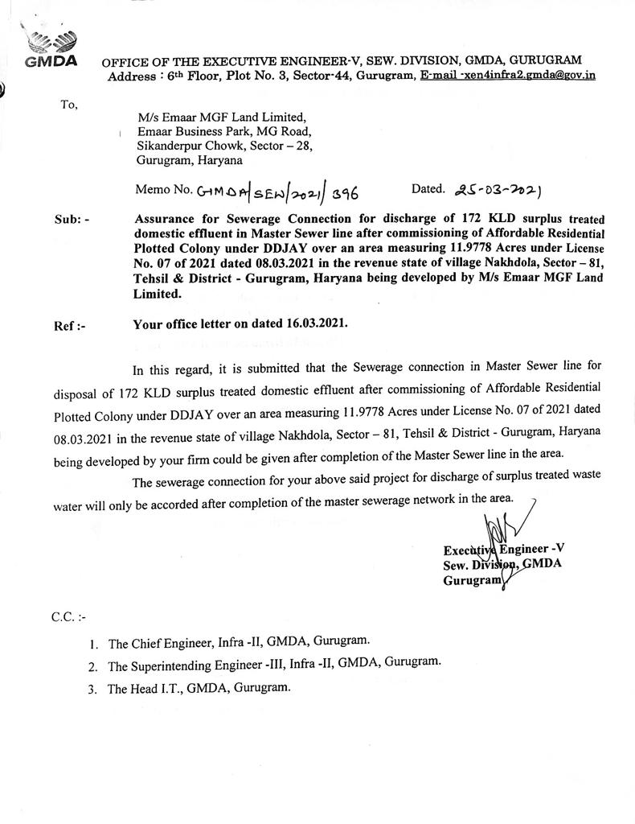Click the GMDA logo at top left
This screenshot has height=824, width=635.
click(x=50, y=47)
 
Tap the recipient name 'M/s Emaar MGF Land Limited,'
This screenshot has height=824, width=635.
click(x=221, y=117)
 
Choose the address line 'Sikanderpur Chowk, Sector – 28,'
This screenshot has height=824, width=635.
click(x=224, y=146)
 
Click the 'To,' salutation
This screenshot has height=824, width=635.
click(x=70, y=103)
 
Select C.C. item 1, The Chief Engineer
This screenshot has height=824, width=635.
click(x=239, y=643)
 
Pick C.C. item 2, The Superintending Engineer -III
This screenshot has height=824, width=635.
click(x=274, y=665)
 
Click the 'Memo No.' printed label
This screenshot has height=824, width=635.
click(x=165, y=191)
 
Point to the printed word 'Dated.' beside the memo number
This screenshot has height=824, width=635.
click(x=428, y=189)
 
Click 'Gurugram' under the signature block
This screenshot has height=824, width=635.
click(x=472, y=579)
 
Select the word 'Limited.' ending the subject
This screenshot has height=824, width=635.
click(x=158, y=295)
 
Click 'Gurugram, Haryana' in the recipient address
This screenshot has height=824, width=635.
click(x=190, y=161)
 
